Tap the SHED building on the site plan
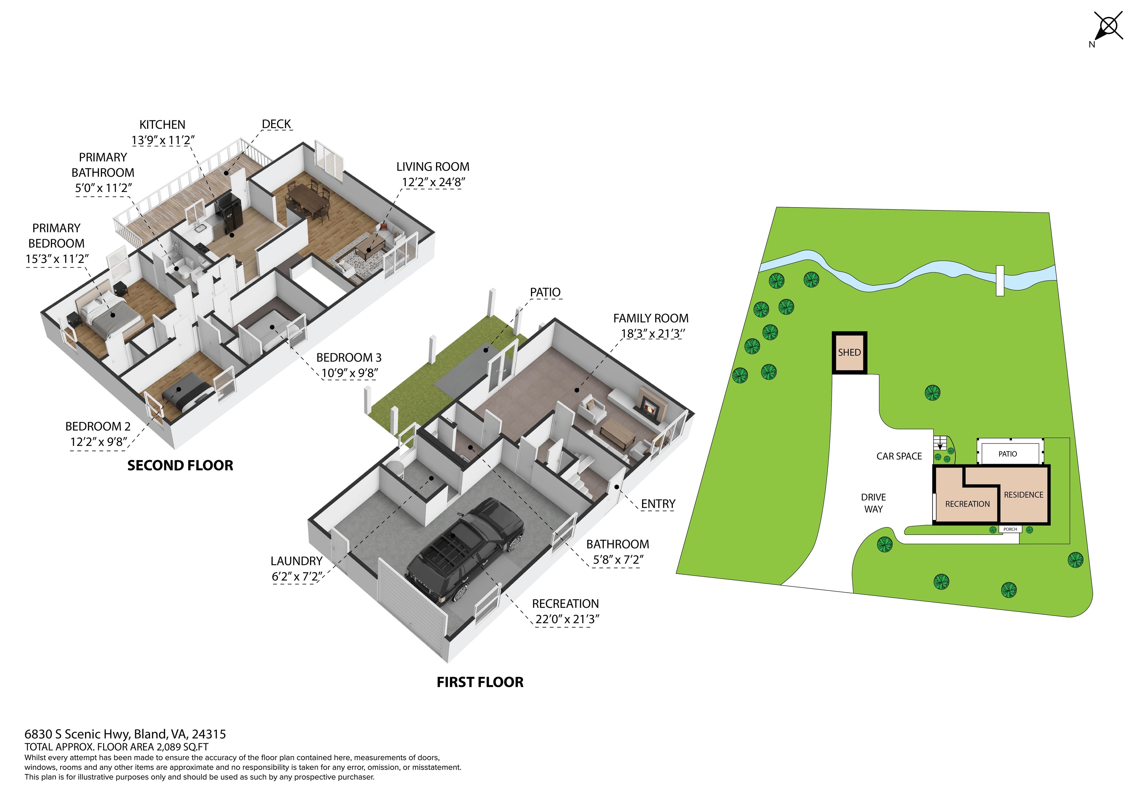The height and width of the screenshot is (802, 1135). pyautogui.click(x=849, y=352)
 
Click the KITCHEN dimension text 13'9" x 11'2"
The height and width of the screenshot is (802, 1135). pyautogui.click(x=163, y=140)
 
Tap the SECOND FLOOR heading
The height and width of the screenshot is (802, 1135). pyautogui.click(x=180, y=466)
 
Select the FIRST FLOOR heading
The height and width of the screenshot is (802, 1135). pyautogui.click(x=480, y=682)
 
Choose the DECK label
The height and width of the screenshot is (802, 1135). pyautogui.click(x=276, y=124)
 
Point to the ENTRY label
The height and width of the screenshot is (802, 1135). pyautogui.click(x=658, y=504)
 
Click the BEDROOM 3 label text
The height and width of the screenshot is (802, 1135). pyautogui.click(x=349, y=357)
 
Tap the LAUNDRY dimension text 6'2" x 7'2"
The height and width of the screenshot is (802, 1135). pyautogui.click(x=297, y=577)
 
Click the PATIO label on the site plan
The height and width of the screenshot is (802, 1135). pyautogui.click(x=1008, y=454)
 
